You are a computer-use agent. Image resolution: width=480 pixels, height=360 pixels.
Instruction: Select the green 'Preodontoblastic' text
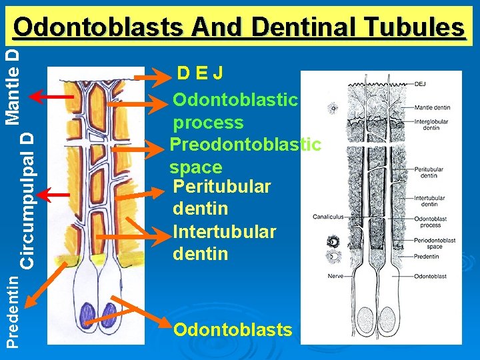click(x=245, y=145)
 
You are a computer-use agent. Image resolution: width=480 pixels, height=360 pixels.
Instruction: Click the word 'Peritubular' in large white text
click(x=221, y=187)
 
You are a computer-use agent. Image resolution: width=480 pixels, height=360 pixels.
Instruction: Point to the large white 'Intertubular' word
click(x=224, y=231)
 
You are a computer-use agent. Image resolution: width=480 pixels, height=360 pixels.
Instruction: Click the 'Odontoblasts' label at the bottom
click(x=232, y=329)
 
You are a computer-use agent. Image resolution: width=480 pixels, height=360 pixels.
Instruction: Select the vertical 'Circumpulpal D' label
click(x=27, y=199)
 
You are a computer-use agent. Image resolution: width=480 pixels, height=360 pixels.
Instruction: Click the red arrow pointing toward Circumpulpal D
click(x=53, y=195)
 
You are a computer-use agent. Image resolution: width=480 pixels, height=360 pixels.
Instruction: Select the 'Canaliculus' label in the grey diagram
click(x=328, y=217)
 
